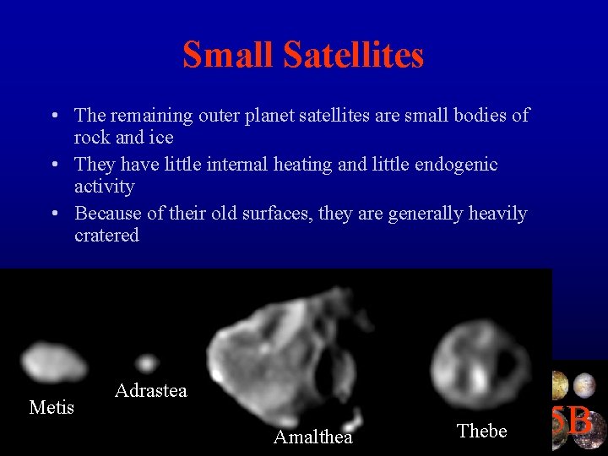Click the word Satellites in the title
(354, 56)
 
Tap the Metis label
(52, 408)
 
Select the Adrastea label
(150, 390)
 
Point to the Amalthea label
(312, 437)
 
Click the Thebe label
(481, 431)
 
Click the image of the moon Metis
(52, 361)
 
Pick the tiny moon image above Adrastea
(147, 363)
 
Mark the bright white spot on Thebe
(479, 376)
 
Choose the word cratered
(106, 236)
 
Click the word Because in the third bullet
(106, 214)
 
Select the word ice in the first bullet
(160, 137)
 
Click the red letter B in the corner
(579, 420)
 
